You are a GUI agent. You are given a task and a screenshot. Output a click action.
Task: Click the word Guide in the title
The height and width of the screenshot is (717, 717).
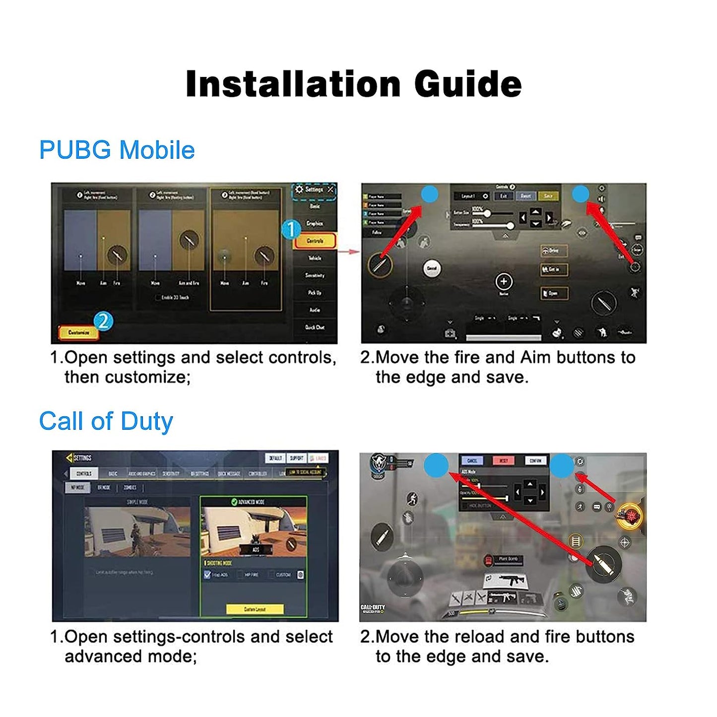467,84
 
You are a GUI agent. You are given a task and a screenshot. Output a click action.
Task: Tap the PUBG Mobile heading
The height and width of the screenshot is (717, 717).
117,150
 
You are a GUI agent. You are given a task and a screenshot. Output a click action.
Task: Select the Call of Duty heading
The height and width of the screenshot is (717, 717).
106,421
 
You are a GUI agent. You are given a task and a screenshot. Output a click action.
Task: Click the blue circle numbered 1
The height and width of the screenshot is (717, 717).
291,229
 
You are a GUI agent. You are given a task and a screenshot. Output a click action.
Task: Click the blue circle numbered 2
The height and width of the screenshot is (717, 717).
103,322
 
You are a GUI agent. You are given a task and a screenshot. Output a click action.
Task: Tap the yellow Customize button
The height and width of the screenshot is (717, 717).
78,332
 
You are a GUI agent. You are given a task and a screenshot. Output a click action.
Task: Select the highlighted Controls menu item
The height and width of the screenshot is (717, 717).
315,241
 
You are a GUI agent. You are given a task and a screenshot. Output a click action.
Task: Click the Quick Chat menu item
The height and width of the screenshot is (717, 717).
315,327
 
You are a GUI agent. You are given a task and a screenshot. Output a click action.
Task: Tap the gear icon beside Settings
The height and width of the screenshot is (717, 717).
299,190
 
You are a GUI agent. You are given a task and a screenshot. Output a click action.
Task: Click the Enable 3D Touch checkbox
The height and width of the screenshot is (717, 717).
158,298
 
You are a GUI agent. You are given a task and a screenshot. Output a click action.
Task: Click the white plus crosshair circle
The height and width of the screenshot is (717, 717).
504,282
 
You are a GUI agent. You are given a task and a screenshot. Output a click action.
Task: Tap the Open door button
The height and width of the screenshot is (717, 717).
554,293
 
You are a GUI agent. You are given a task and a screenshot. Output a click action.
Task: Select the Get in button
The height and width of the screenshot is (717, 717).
554,269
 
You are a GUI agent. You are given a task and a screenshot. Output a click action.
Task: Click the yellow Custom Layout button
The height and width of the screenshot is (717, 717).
255,609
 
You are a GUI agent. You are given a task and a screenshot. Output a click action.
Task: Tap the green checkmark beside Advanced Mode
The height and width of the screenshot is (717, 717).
234,502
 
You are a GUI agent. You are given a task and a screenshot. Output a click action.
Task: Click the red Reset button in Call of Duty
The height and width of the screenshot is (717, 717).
503,461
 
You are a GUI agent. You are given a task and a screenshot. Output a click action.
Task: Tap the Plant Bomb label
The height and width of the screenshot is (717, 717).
508,559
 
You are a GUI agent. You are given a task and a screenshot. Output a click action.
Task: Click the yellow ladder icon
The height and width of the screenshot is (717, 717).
576,541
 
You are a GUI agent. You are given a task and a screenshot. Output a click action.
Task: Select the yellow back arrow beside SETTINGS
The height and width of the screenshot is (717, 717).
69,457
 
